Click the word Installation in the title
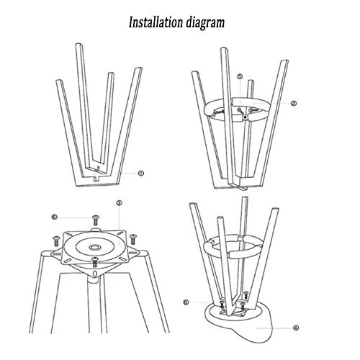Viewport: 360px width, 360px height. click(x=156, y=22)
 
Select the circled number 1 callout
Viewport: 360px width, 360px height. click(x=141, y=173)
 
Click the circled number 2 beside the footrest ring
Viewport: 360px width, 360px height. click(x=294, y=104)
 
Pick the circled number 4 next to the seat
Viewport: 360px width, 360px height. click(x=296, y=328)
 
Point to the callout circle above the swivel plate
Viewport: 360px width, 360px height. click(x=119, y=203)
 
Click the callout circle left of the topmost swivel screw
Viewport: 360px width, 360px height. click(x=55, y=217)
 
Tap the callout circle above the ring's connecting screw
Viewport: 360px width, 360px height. click(x=240, y=76)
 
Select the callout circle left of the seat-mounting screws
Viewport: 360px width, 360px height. click(x=186, y=302)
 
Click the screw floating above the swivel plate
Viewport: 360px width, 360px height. click(x=96, y=220)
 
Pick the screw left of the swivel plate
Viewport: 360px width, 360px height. click(x=56, y=240)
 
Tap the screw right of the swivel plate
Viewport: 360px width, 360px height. click(x=133, y=239)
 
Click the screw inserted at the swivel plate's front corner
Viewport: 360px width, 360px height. click(x=95, y=262)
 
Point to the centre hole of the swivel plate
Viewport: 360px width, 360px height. click(x=94, y=247)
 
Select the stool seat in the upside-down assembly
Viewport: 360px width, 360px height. click(x=240, y=322)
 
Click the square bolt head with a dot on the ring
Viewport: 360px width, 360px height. click(x=245, y=117)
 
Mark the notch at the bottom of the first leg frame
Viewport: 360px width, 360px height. click(x=96, y=179)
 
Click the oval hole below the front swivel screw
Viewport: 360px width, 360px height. click(x=95, y=274)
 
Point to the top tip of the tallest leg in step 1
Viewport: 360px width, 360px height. click(x=79, y=44)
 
